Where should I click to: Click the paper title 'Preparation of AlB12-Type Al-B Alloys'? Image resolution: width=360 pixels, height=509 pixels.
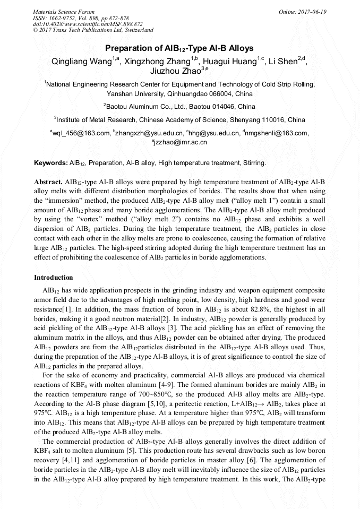tap(179, 48)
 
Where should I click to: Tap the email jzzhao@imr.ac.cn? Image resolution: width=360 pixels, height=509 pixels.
tap(181, 142)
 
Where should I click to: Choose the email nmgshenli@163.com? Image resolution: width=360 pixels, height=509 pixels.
tap(276, 133)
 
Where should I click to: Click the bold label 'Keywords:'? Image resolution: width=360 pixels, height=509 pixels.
tap(50, 162)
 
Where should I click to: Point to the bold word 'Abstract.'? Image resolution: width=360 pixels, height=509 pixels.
tap(48, 182)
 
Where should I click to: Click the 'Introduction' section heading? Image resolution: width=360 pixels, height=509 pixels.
tap(54, 278)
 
